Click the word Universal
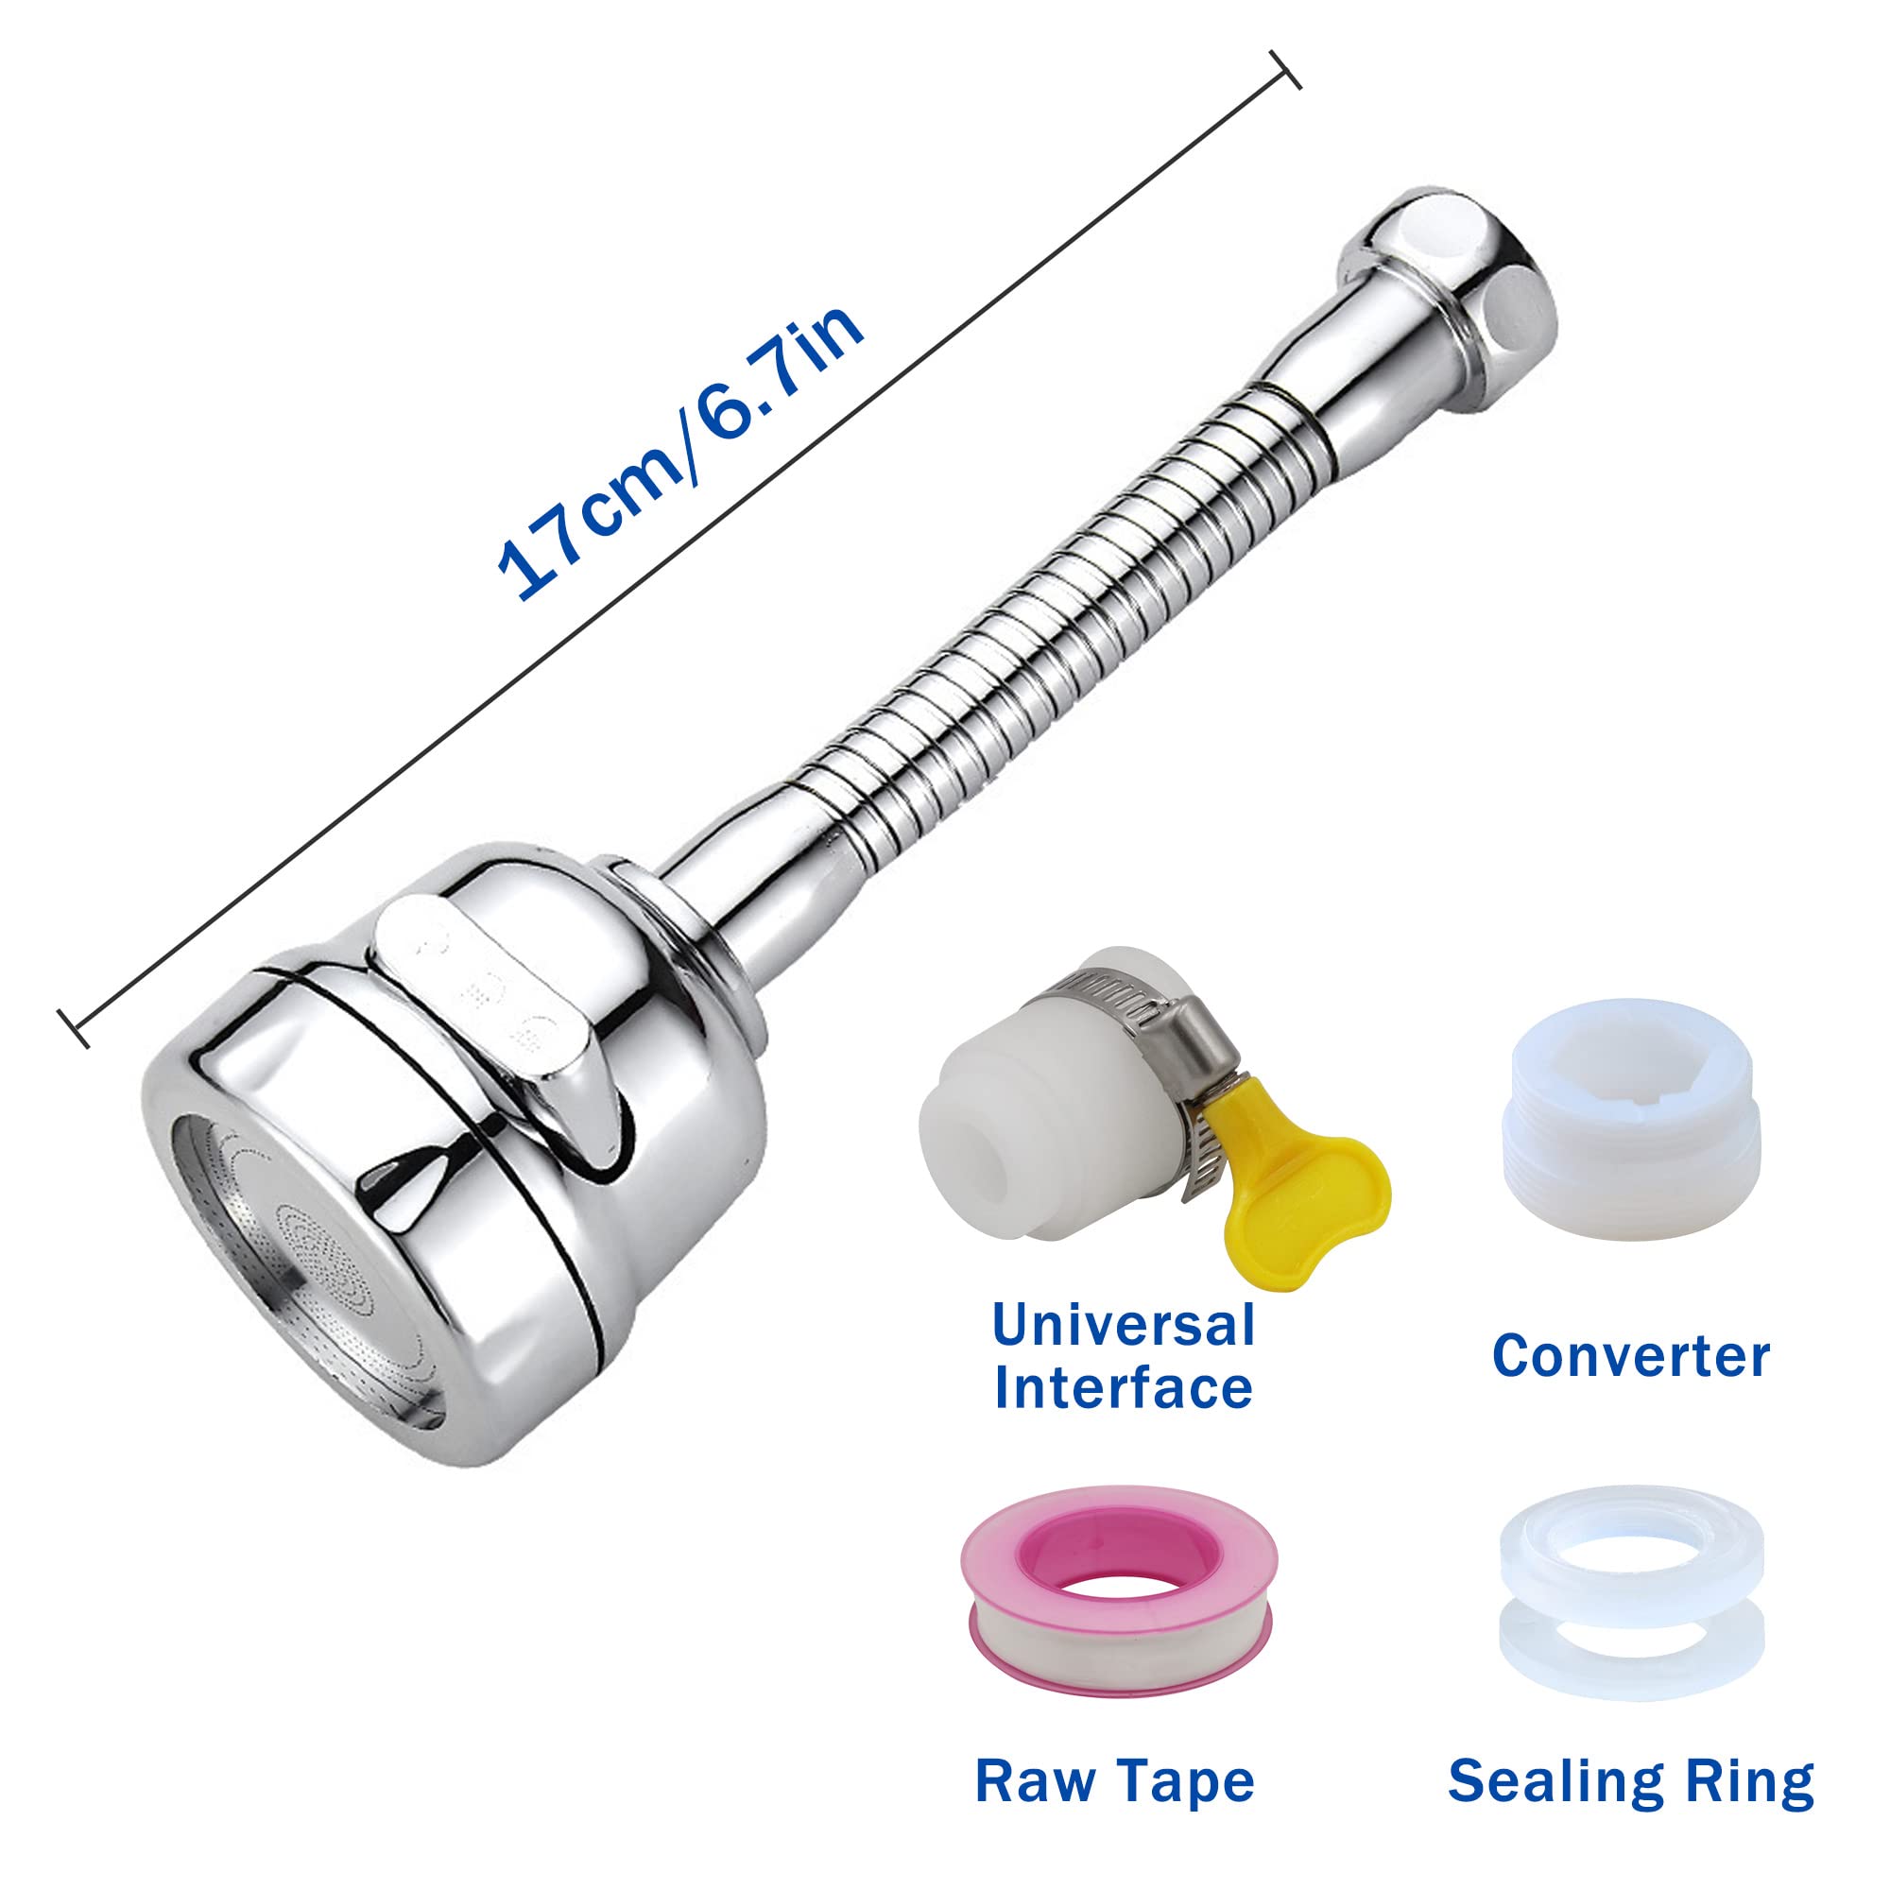tap(1123, 1326)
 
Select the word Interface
tap(1123, 1388)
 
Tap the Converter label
tap(1631, 1357)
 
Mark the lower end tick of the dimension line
tap(75, 1028)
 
